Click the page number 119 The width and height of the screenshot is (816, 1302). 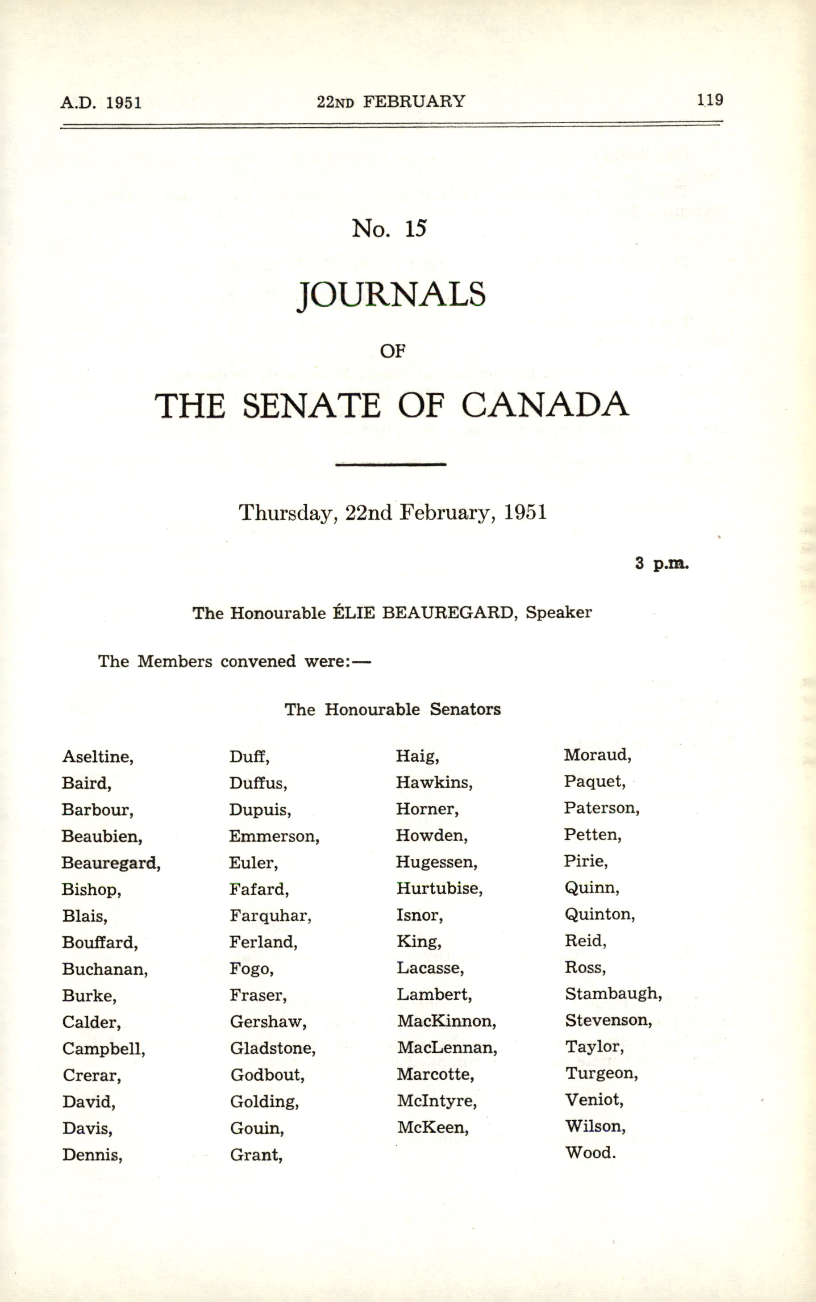(x=709, y=100)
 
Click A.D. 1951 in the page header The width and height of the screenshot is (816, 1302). (x=101, y=103)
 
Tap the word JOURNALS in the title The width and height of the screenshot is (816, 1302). (x=392, y=295)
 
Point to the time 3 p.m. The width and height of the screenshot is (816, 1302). (x=662, y=563)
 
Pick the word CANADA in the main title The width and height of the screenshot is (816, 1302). (x=545, y=405)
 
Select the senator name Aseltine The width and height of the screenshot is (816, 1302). (x=97, y=756)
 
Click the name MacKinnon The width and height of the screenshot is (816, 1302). (x=446, y=1021)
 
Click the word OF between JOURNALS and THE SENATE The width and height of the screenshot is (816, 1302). (x=392, y=351)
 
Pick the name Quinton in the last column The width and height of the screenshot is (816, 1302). (x=599, y=914)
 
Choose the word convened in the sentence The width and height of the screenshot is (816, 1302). (x=258, y=661)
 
